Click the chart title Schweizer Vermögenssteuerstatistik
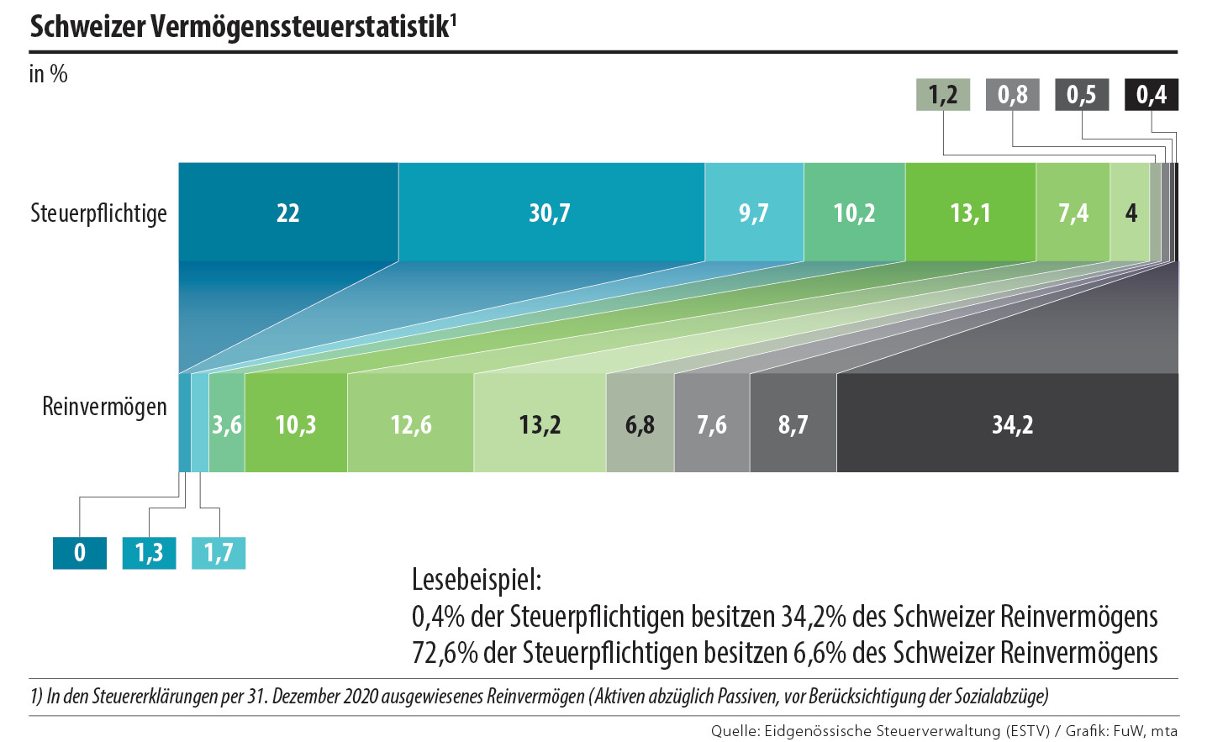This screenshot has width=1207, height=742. pyautogui.click(x=242, y=27)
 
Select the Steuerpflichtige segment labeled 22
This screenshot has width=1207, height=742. pyautogui.click(x=288, y=213)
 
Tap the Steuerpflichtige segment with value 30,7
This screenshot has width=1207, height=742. pyautogui.click(x=551, y=213)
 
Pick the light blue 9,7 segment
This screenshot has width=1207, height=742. pyautogui.click(x=754, y=213)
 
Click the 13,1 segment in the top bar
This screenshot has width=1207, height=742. pyautogui.click(x=970, y=213)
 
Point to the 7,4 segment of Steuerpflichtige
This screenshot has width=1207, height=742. pyautogui.click(x=1073, y=213)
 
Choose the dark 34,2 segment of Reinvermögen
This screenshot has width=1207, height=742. pyautogui.click(x=1011, y=424)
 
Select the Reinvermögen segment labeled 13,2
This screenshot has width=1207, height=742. pyautogui.click(x=539, y=424)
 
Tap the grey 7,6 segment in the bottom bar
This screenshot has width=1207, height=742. pyautogui.click(x=711, y=424)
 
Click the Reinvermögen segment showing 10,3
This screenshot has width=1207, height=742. pyautogui.click(x=295, y=424)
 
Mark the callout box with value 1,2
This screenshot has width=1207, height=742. pyautogui.click(x=942, y=95)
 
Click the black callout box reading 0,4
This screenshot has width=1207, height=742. pyautogui.click(x=1151, y=95)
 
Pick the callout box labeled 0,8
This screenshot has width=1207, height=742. pyautogui.click(x=1012, y=95)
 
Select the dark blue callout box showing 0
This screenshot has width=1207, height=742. pyautogui.click(x=80, y=553)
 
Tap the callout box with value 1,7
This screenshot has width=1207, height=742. pyautogui.click(x=219, y=553)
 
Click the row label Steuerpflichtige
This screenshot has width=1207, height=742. pyautogui.click(x=98, y=213)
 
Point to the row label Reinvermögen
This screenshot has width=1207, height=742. pyautogui.click(x=104, y=407)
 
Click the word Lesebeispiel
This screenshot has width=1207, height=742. pyautogui.click(x=477, y=579)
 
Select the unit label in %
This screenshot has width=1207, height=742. pyautogui.click(x=48, y=74)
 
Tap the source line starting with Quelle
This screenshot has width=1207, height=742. pyautogui.click(x=944, y=731)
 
